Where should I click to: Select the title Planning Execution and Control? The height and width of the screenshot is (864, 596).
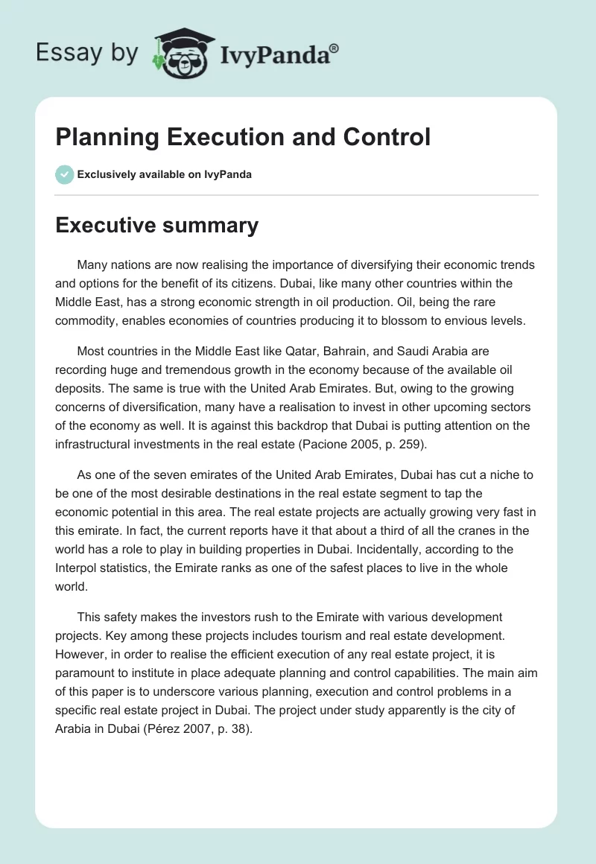click(x=243, y=137)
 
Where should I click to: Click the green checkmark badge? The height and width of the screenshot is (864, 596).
click(x=64, y=174)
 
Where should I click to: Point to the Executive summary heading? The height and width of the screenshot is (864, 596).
click(x=157, y=225)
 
